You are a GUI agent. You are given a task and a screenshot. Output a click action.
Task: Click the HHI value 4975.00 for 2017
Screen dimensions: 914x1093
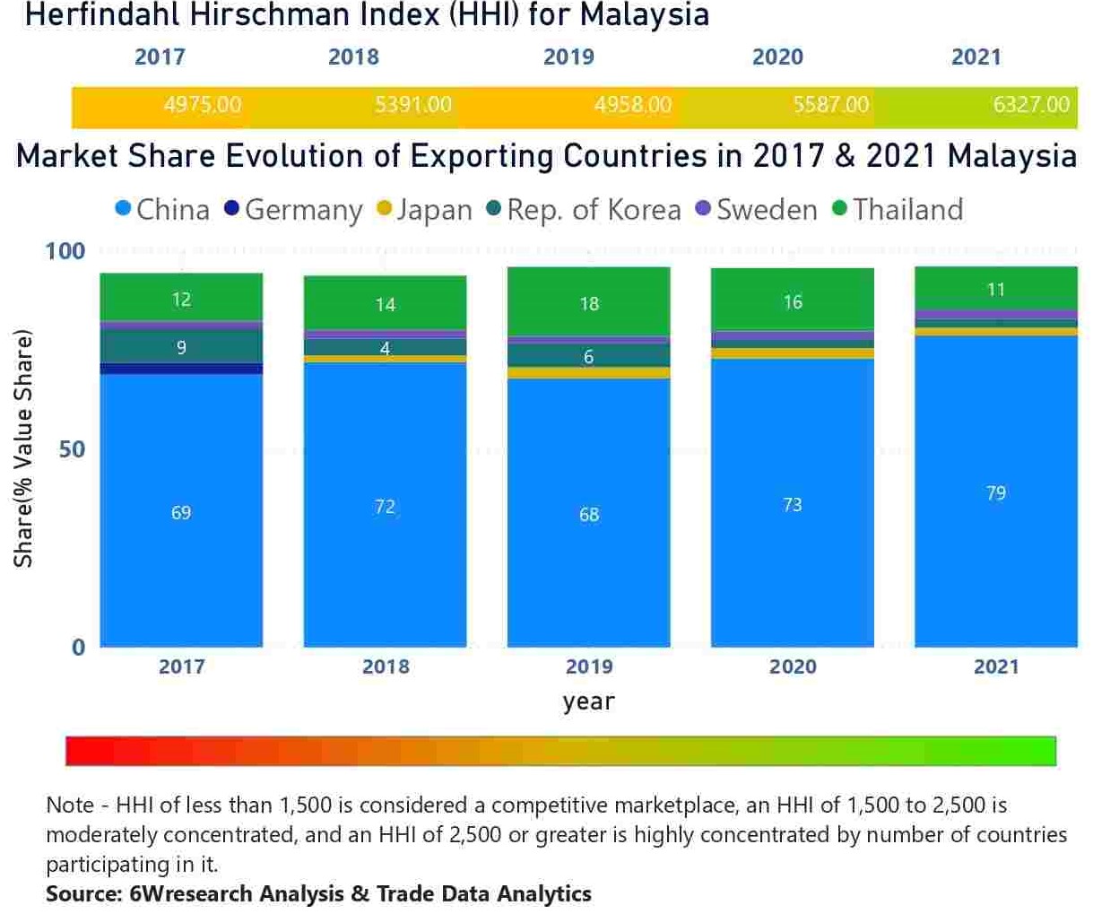click(x=202, y=105)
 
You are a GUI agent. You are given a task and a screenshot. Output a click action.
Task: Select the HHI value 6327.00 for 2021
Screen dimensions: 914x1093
click(x=1030, y=105)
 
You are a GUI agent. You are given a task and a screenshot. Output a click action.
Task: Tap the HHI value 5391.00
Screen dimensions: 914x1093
click(x=412, y=105)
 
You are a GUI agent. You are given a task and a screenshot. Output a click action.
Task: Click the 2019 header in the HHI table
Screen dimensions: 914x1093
click(x=568, y=57)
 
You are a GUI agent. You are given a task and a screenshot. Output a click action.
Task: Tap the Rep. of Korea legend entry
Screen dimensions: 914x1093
click(x=584, y=210)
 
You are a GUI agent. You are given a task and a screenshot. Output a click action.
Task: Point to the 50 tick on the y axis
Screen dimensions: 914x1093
click(x=72, y=449)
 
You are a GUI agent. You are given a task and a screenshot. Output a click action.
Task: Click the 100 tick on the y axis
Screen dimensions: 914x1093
click(x=65, y=251)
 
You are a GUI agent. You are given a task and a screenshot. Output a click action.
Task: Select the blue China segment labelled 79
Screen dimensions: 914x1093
click(x=995, y=492)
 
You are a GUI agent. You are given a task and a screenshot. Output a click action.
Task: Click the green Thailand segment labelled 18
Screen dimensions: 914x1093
click(x=588, y=303)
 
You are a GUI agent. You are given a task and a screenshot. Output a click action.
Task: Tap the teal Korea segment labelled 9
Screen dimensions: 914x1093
click(x=181, y=347)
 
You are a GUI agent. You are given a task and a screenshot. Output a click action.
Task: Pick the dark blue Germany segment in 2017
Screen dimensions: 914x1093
click(x=181, y=369)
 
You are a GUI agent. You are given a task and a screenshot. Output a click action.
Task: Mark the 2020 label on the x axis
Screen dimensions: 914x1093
click(x=793, y=666)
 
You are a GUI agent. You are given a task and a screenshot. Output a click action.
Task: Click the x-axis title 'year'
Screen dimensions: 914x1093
click(x=588, y=701)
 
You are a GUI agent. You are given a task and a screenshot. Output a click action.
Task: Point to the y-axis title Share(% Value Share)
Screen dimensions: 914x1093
click(x=23, y=449)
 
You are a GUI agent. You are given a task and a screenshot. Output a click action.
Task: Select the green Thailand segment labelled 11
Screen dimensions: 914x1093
click(x=995, y=289)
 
